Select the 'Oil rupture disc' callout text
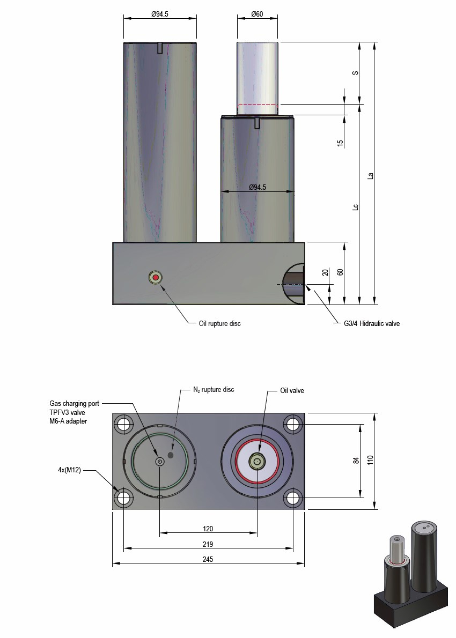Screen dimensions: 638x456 219,323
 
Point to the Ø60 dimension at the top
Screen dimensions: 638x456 257,14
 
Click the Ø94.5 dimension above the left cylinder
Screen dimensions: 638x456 159,14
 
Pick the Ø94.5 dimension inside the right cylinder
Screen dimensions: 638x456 258,187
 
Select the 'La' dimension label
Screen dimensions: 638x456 370,175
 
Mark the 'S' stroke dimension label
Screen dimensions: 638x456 355,72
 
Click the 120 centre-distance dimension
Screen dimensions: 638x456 208,529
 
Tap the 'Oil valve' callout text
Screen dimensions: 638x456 292,391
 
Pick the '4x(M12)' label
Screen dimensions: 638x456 70,471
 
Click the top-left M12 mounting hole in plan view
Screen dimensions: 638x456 124,425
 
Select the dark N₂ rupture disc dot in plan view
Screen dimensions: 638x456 171,455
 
